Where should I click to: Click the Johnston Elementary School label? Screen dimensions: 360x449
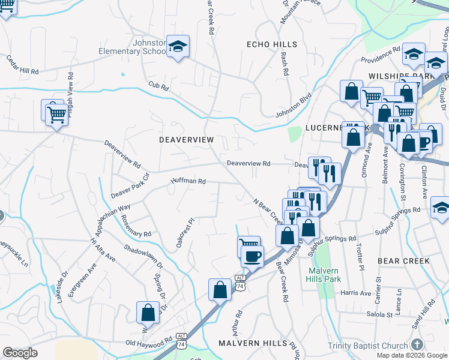tap(132, 47)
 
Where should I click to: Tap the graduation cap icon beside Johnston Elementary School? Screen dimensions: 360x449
tap(178, 47)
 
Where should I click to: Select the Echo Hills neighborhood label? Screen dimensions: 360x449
tap(272, 44)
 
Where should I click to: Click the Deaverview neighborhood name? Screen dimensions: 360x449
tap(186, 139)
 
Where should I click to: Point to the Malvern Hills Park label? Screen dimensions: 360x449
tap(323, 275)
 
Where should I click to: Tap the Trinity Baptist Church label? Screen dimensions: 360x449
tap(368, 346)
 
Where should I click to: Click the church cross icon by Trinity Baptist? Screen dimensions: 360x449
tap(417, 345)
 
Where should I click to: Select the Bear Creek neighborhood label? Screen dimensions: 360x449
tap(403, 261)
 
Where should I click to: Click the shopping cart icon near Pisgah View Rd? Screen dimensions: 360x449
tap(56, 112)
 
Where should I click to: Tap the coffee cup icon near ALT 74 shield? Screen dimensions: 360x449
tap(252, 256)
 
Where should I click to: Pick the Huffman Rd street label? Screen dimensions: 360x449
tap(188, 181)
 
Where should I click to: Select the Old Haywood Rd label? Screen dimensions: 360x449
tap(149, 343)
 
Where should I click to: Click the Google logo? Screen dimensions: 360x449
tap(20, 353)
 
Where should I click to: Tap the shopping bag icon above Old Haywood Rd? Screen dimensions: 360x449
tap(148, 313)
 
